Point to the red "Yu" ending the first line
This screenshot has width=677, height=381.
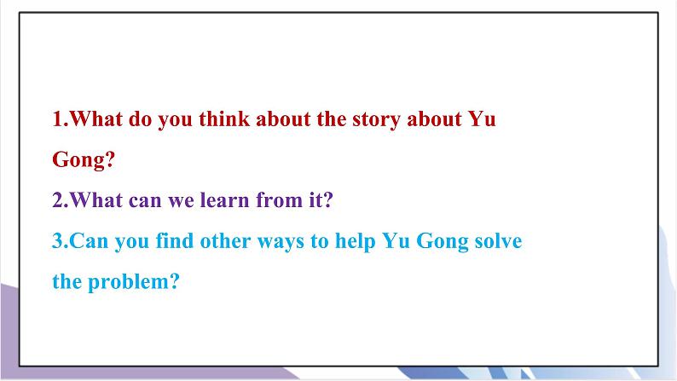click(x=483, y=120)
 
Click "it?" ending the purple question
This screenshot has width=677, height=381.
click(x=319, y=201)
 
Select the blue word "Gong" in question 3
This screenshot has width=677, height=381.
click(x=436, y=241)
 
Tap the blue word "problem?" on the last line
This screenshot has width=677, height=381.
click(x=133, y=282)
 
